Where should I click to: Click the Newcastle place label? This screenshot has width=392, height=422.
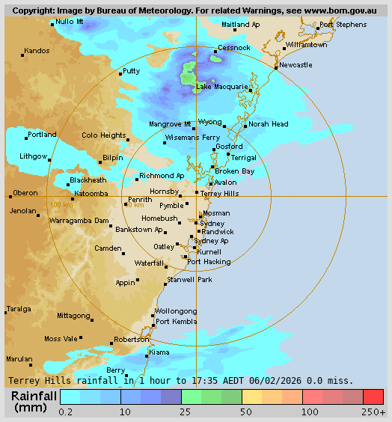click(295, 65)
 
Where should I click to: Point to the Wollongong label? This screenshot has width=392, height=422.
click(176, 311)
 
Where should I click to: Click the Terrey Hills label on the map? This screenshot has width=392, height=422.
click(220, 193)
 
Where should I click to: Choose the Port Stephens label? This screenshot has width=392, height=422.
click(343, 25)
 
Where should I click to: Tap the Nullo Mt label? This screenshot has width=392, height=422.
click(70, 22)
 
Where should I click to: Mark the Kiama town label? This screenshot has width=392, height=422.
click(159, 352)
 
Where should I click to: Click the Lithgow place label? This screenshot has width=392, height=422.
click(33, 156)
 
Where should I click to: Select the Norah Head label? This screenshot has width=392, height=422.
click(269, 124)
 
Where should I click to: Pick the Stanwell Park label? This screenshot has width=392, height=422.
click(189, 279)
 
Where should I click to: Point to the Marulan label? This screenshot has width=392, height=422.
click(19, 358)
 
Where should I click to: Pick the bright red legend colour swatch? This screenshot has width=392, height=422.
click(373, 397)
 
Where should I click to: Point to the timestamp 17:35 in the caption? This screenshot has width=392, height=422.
click(193, 380)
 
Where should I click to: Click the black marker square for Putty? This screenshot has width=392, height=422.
click(121, 74)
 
